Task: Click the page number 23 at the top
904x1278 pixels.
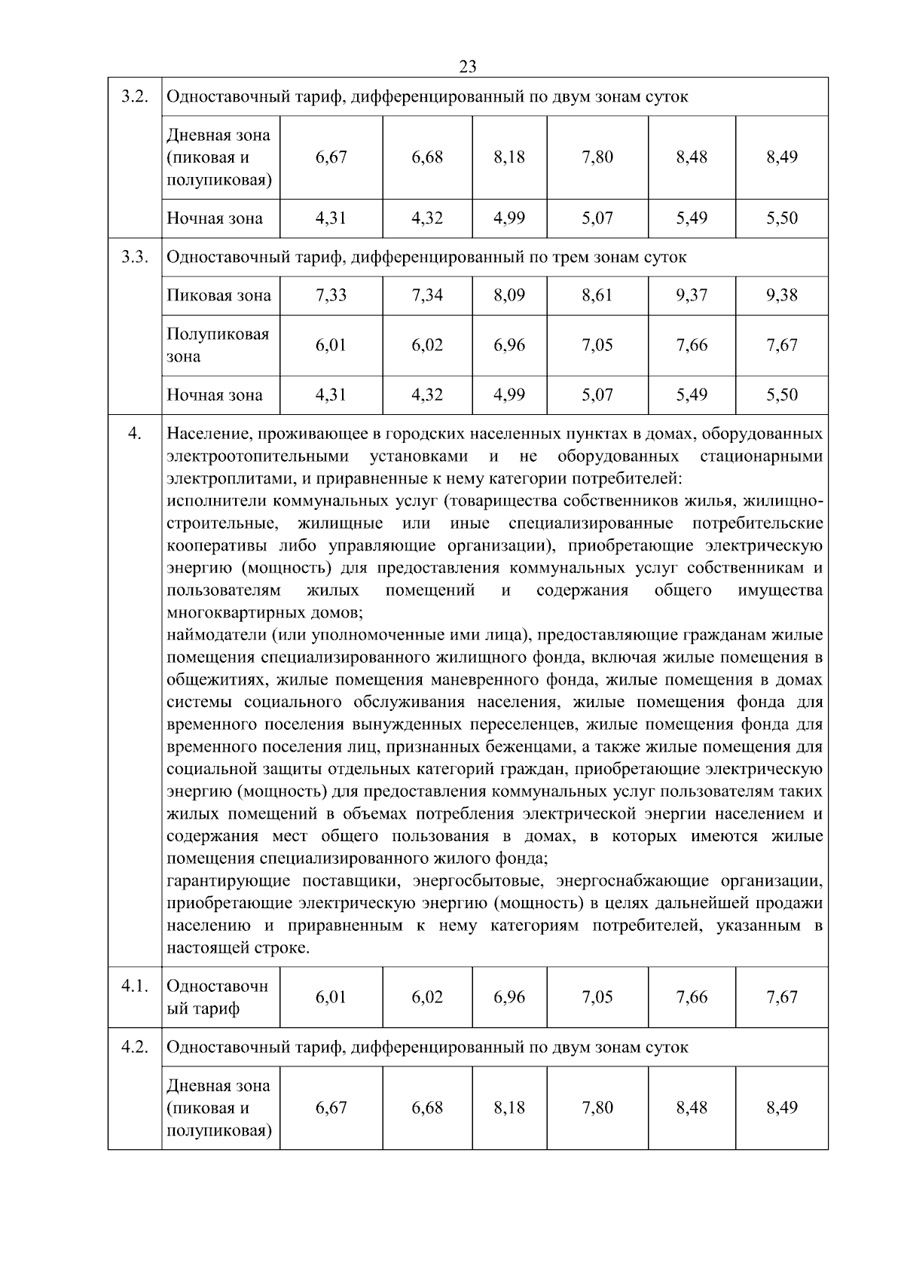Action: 467,67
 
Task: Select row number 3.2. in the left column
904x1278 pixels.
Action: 134,97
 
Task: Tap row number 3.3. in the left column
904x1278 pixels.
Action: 134,257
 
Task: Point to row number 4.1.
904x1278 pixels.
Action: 134,986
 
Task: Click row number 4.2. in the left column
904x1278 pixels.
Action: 134,1048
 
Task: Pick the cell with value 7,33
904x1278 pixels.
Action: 331,295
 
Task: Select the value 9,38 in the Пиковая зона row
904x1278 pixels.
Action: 781,295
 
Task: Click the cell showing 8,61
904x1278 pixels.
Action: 597,295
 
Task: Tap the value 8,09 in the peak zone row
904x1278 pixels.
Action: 509,295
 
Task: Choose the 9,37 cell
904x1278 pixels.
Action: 691,295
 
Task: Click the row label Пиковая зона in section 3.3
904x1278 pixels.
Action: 218,295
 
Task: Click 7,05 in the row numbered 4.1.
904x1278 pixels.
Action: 597,997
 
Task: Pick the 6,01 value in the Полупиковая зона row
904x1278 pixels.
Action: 331,345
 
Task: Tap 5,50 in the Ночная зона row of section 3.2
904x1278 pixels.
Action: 781,218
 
